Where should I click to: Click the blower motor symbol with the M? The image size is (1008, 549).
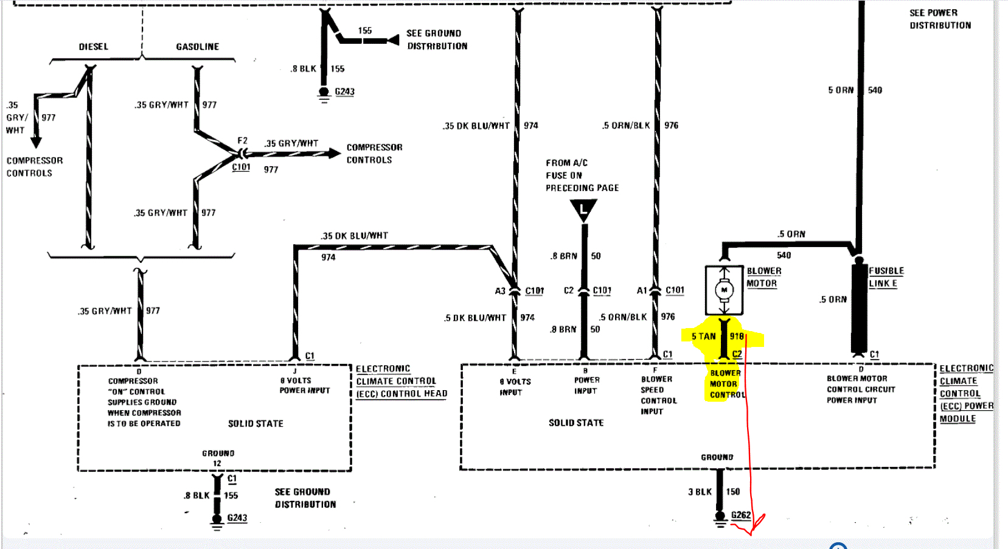click(x=724, y=290)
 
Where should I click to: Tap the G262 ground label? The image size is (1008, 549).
click(x=741, y=515)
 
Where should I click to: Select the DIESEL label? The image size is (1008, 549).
click(x=93, y=47)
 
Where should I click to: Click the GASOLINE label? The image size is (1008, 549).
click(x=197, y=47)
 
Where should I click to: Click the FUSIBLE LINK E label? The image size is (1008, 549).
click(x=886, y=277)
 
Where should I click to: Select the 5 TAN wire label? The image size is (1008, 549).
click(x=703, y=336)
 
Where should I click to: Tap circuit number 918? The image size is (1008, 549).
click(x=737, y=336)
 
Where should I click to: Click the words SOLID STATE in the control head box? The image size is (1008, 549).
click(x=255, y=424)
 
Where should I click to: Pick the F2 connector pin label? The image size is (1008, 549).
click(x=242, y=141)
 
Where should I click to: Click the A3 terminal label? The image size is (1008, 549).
click(x=500, y=291)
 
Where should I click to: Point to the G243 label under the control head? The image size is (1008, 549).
click(x=237, y=518)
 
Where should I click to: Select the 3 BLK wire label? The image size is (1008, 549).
click(x=700, y=492)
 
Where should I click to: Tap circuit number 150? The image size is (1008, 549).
click(x=733, y=492)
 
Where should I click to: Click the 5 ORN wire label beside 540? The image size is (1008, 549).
click(x=841, y=90)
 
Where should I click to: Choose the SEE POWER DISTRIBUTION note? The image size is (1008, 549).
click(x=940, y=19)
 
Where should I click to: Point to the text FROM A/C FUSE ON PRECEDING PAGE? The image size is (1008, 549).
click(x=582, y=175)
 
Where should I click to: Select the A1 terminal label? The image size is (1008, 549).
click(x=642, y=291)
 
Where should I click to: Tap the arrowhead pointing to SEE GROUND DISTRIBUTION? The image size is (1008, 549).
click(x=393, y=40)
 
